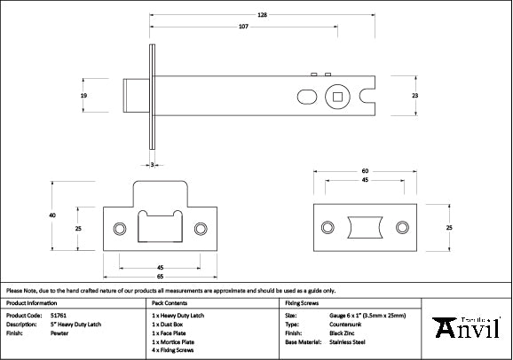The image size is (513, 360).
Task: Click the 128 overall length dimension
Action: point(263,15)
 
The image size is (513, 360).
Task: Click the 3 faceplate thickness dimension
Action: point(153,165)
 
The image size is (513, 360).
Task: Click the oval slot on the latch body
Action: point(304,95)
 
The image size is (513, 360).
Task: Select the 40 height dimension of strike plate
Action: point(52,215)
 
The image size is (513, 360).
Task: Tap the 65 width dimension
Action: point(160,277)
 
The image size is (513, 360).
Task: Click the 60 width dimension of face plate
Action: point(365,170)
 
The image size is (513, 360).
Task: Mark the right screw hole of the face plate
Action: point(402,228)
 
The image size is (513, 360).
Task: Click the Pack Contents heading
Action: point(172,302)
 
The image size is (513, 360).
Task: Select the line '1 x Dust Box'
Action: point(174,324)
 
